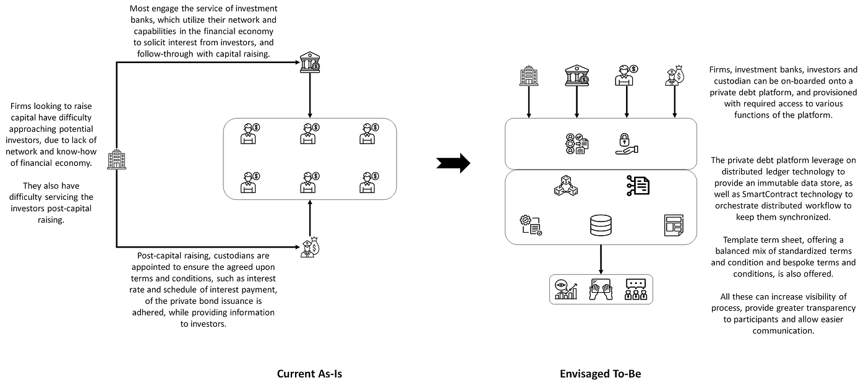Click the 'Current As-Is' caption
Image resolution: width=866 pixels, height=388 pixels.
point(309,374)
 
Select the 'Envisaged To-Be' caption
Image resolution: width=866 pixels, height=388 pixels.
point(601,374)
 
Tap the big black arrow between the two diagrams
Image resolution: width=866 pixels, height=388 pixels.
point(453,163)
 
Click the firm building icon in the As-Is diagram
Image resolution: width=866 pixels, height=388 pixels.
point(116,160)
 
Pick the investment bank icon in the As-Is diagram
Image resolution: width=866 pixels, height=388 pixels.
point(310,63)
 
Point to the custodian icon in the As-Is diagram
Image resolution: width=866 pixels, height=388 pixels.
point(310,247)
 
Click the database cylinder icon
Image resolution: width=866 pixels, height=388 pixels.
point(601,225)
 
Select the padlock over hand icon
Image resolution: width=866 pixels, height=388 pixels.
point(627,144)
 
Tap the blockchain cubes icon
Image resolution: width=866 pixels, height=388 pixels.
point(566,185)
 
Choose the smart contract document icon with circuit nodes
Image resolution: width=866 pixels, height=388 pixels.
point(638,185)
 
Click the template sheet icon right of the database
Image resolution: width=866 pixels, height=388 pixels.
point(674,225)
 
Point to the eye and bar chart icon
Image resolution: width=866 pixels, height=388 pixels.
point(566,290)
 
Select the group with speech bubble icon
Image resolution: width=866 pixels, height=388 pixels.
point(636,290)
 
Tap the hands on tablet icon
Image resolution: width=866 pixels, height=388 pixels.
point(601,290)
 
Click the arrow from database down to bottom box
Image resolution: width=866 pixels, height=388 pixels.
point(601,259)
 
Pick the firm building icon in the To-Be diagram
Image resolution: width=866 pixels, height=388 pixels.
point(529,75)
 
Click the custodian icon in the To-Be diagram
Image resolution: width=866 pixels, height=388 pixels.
point(675,75)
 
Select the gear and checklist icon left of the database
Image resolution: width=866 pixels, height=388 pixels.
point(531,225)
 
